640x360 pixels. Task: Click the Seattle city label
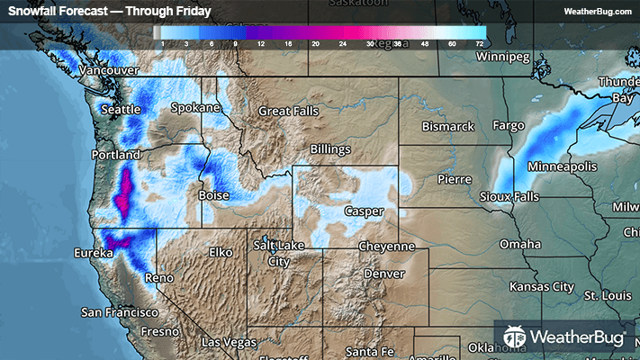tap(122, 110)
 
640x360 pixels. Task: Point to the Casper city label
tap(364, 211)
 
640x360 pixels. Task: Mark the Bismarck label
tap(447, 127)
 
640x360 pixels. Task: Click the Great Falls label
tap(289, 112)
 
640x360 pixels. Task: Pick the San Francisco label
tap(120, 312)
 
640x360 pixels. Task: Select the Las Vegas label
tap(229, 343)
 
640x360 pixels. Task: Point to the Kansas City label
tap(541, 287)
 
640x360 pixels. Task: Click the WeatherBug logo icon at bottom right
tap(515, 337)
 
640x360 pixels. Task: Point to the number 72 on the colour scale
tap(480, 42)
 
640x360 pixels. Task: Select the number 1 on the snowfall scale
tap(162, 42)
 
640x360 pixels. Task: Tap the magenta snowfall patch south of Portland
tap(124, 193)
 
